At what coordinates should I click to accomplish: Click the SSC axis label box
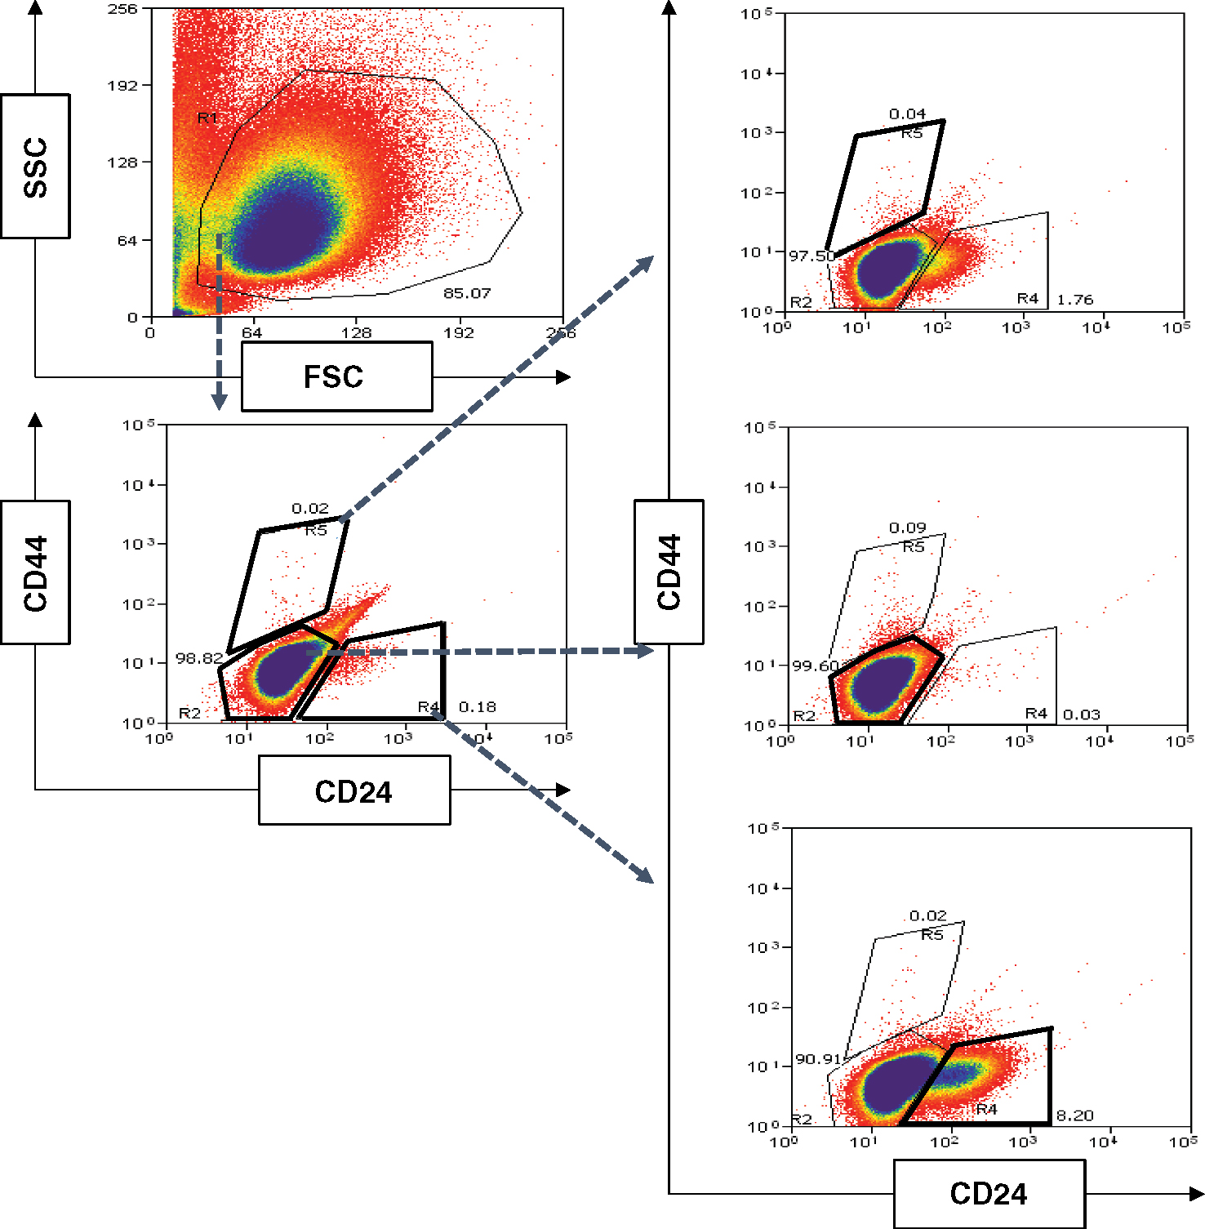pyautogui.click(x=35, y=167)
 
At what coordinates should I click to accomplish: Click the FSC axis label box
pyautogui.click(x=336, y=376)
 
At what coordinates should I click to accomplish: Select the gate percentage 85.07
pyautogui.click(x=467, y=293)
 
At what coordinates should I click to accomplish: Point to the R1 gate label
pyautogui.click(x=208, y=119)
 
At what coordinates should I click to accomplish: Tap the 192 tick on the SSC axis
pyautogui.click(x=123, y=85)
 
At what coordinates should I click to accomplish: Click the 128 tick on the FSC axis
pyautogui.click(x=356, y=332)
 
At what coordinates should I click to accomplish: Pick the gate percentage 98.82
pyautogui.click(x=199, y=658)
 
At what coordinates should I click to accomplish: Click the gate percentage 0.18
pyautogui.click(x=478, y=706)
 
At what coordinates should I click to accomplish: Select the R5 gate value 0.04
pyautogui.click(x=907, y=114)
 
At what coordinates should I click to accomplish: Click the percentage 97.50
pyautogui.click(x=811, y=256)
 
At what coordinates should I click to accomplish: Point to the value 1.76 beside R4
pyautogui.click(x=1074, y=300)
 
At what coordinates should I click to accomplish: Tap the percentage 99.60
pyautogui.click(x=815, y=666)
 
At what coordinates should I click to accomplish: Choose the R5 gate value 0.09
pyautogui.click(x=907, y=528)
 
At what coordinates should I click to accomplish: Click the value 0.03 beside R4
pyautogui.click(x=1081, y=715)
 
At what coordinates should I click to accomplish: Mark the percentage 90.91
pyautogui.click(x=818, y=1059)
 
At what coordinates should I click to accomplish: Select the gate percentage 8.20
pyautogui.click(x=1074, y=1115)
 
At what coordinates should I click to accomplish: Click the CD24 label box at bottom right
pyautogui.click(x=989, y=1194)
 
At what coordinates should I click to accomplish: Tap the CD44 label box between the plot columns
pyautogui.click(x=669, y=572)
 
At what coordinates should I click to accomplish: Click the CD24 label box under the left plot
pyautogui.click(x=353, y=790)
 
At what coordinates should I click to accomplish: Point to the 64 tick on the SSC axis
pyautogui.click(x=127, y=241)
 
